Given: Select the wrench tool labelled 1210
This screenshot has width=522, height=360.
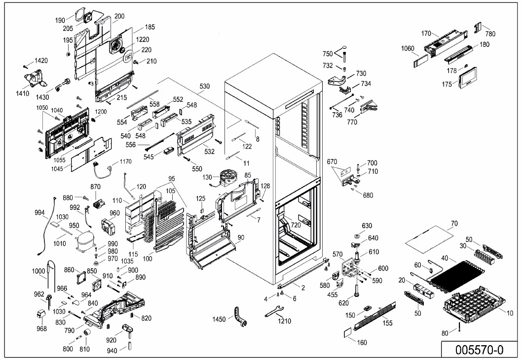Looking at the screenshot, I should [x=273, y=312].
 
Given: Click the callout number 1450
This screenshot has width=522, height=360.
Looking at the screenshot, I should [x=219, y=319].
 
